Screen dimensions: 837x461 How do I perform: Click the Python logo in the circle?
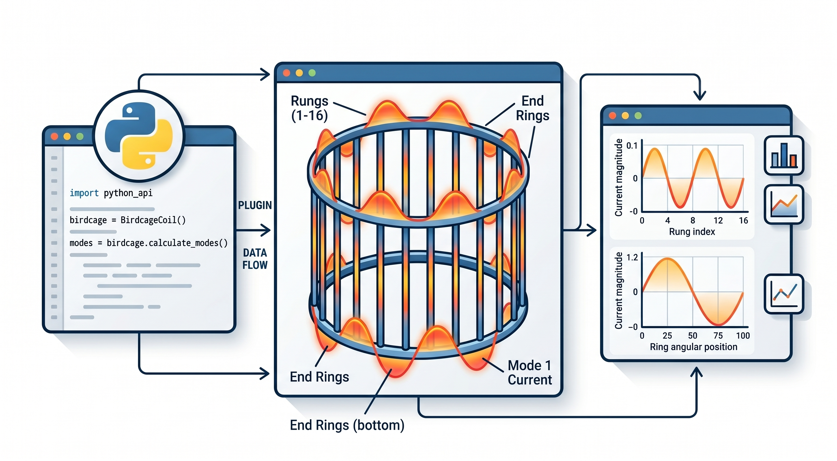(x=139, y=136)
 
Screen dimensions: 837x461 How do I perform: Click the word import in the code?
(x=84, y=193)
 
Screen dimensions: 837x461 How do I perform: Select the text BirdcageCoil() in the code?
(x=153, y=220)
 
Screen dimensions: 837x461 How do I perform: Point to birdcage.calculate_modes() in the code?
(x=167, y=243)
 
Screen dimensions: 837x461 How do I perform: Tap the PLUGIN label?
(x=255, y=205)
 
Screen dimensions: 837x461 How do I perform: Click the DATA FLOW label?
(x=255, y=259)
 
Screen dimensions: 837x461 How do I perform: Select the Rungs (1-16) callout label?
(x=310, y=108)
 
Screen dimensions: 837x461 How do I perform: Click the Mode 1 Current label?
(x=530, y=373)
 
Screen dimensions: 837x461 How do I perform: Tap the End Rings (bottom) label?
(x=347, y=425)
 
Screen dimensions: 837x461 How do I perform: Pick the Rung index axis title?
(x=692, y=231)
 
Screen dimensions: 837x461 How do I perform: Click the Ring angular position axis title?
(x=693, y=347)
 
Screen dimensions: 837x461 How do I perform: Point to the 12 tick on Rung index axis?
(x=718, y=221)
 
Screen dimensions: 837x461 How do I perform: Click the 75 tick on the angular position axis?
(x=718, y=336)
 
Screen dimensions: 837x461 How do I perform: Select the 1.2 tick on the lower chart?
(x=632, y=258)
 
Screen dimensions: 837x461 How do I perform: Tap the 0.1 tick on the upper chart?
(x=632, y=146)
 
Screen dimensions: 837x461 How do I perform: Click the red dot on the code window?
(x=54, y=136)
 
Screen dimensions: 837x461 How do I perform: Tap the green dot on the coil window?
(x=312, y=73)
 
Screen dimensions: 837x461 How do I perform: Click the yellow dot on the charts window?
(x=625, y=116)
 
